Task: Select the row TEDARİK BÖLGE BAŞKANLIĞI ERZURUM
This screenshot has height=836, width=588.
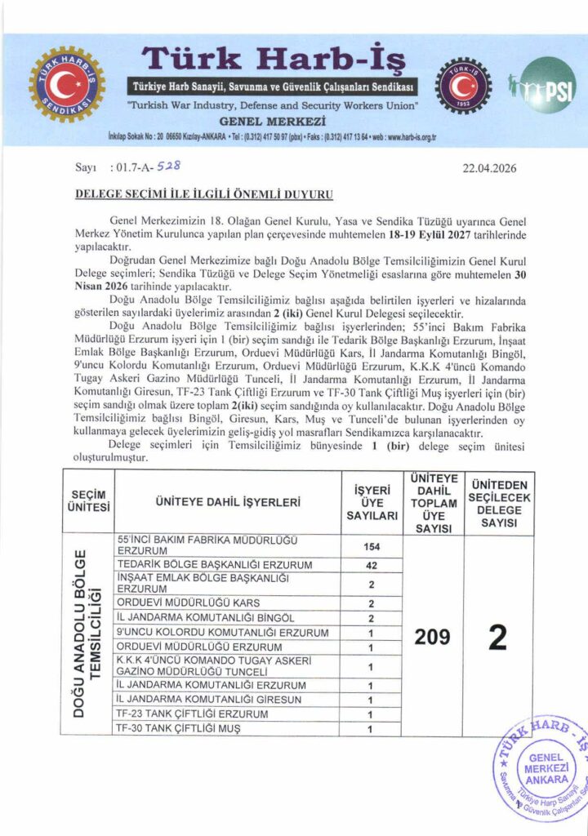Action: pyautogui.click(x=215, y=565)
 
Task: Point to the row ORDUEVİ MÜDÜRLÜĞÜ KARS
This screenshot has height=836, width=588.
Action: pyautogui.click(x=189, y=603)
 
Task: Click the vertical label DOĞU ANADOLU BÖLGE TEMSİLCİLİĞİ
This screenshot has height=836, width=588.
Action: pyautogui.click(x=88, y=634)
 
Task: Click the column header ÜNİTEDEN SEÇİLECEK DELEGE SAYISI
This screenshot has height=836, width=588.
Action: pyautogui.click(x=498, y=501)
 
